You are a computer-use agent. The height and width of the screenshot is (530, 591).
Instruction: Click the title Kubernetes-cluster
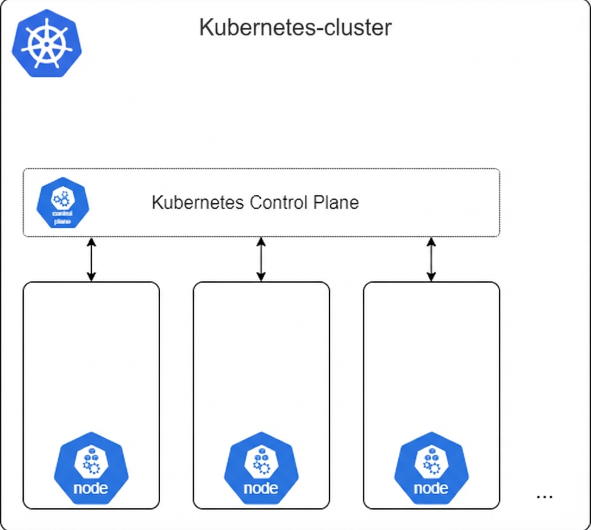point(295,27)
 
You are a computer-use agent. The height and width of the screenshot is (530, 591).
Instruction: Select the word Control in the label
point(279,203)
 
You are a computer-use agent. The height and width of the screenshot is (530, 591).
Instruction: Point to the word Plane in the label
point(336,203)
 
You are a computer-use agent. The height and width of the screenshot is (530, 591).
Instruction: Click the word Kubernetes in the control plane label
point(197,203)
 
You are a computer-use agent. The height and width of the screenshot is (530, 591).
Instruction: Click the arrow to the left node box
point(91,260)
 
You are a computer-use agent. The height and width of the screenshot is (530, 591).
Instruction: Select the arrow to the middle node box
point(261,260)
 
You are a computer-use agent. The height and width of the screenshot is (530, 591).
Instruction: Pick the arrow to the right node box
point(431,260)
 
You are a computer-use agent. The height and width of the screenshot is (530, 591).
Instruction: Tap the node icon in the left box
point(91,469)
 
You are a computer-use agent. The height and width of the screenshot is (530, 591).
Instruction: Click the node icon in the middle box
point(261,469)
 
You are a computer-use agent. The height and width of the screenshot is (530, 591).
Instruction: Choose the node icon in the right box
point(431,469)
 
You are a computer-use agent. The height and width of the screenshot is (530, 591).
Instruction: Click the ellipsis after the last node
point(544,496)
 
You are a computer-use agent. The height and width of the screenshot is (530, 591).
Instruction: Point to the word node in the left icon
point(91,488)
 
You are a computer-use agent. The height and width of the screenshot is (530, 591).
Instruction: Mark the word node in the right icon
point(431,488)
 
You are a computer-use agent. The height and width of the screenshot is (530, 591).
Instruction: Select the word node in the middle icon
point(261,488)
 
